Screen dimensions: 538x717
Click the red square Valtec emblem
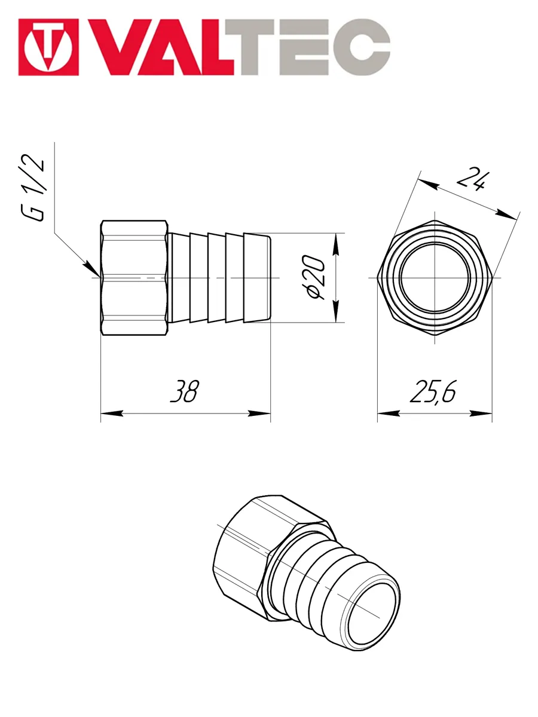coord(48,47)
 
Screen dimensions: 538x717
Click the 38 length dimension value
coord(185,391)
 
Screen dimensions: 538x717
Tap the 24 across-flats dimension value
coord(472,179)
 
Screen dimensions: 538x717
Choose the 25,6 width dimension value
coord(433,391)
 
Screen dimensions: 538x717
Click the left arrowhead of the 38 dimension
coord(112,413)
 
